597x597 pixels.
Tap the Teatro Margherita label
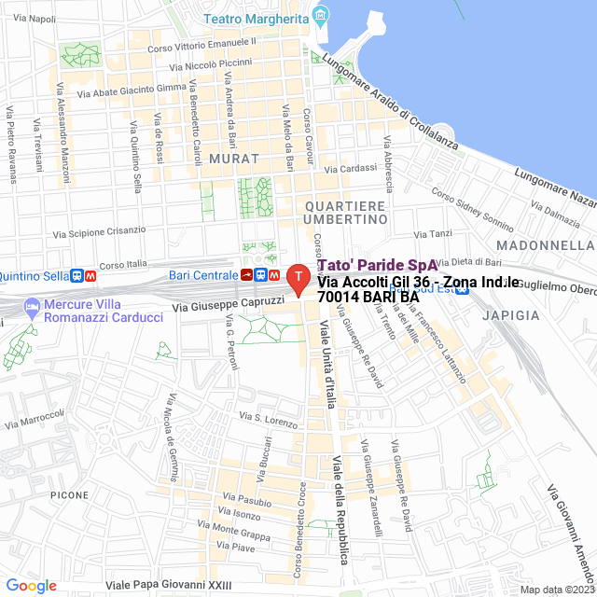coord(257,18)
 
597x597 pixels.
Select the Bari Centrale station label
coord(203,275)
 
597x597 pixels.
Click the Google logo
coord(31,585)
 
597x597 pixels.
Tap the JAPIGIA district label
coord(510,315)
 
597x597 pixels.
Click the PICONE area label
coord(70,494)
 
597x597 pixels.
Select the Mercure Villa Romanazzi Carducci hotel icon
coord(33,306)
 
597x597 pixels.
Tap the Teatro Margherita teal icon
coord(322,15)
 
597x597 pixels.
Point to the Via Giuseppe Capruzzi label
coord(229,305)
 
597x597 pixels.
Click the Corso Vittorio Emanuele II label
coord(202,44)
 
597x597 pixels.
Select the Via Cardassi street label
coord(350,170)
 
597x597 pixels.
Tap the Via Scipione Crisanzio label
coord(100,230)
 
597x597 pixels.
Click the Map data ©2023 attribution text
coord(557,589)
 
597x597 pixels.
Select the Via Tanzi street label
coord(433,234)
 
